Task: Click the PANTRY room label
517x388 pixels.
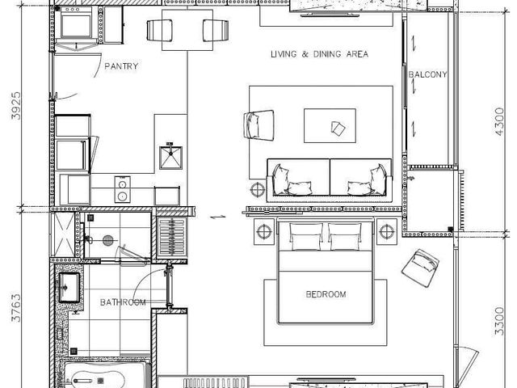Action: click(x=121, y=66)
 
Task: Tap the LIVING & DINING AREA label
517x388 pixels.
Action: click(x=319, y=54)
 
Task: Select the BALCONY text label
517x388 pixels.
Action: click(x=427, y=74)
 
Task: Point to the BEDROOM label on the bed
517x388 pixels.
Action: click(x=326, y=294)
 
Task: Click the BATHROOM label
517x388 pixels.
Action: click(x=123, y=302)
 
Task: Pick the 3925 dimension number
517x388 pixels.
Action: click(x=16, y=106)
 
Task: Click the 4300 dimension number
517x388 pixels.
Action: click(x=499, y=121)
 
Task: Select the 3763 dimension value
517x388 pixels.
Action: click(x=16, y=308)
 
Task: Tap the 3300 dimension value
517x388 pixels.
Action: click(x=499, y=321)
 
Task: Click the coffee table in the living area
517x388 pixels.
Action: click(x=330, y=126)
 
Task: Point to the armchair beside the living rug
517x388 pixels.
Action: click(x=258, y=125)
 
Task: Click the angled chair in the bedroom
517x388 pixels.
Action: click(x=420, y=268)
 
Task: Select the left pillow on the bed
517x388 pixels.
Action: click(x=305, y=237)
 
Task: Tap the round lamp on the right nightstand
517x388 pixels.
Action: click(x=387, y=232)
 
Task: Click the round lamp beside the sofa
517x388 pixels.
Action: click(x=257, y=190)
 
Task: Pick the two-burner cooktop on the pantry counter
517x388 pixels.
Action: click(x=122, y=190)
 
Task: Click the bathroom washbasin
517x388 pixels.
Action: click(x=69, y=288)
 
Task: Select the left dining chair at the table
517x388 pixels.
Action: click(x=159, y=31)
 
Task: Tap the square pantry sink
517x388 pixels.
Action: click(x=170, y=158)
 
